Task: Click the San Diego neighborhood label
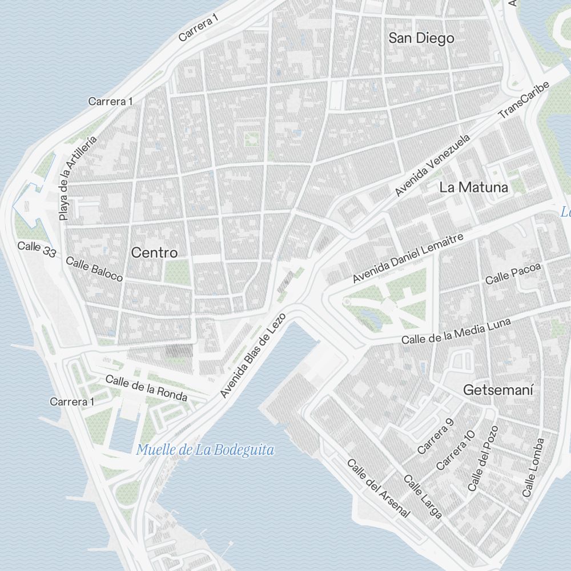pos(421,38)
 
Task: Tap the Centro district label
pos(154,253)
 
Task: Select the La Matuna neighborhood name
pos(474,187)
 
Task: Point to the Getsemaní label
pos(498,391)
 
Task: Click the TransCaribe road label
pos(524,100)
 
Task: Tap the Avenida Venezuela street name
pos(432,166)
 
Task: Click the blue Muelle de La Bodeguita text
pos(205,450)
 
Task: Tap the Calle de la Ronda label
pos(146,388)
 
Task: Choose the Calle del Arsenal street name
pos(379,488)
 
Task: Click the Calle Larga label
pos(423,496)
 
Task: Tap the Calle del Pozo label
pos(483,458)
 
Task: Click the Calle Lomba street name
pos(534,467)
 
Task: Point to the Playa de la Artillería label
pos(78,179)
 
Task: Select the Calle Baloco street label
pos(94,269)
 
